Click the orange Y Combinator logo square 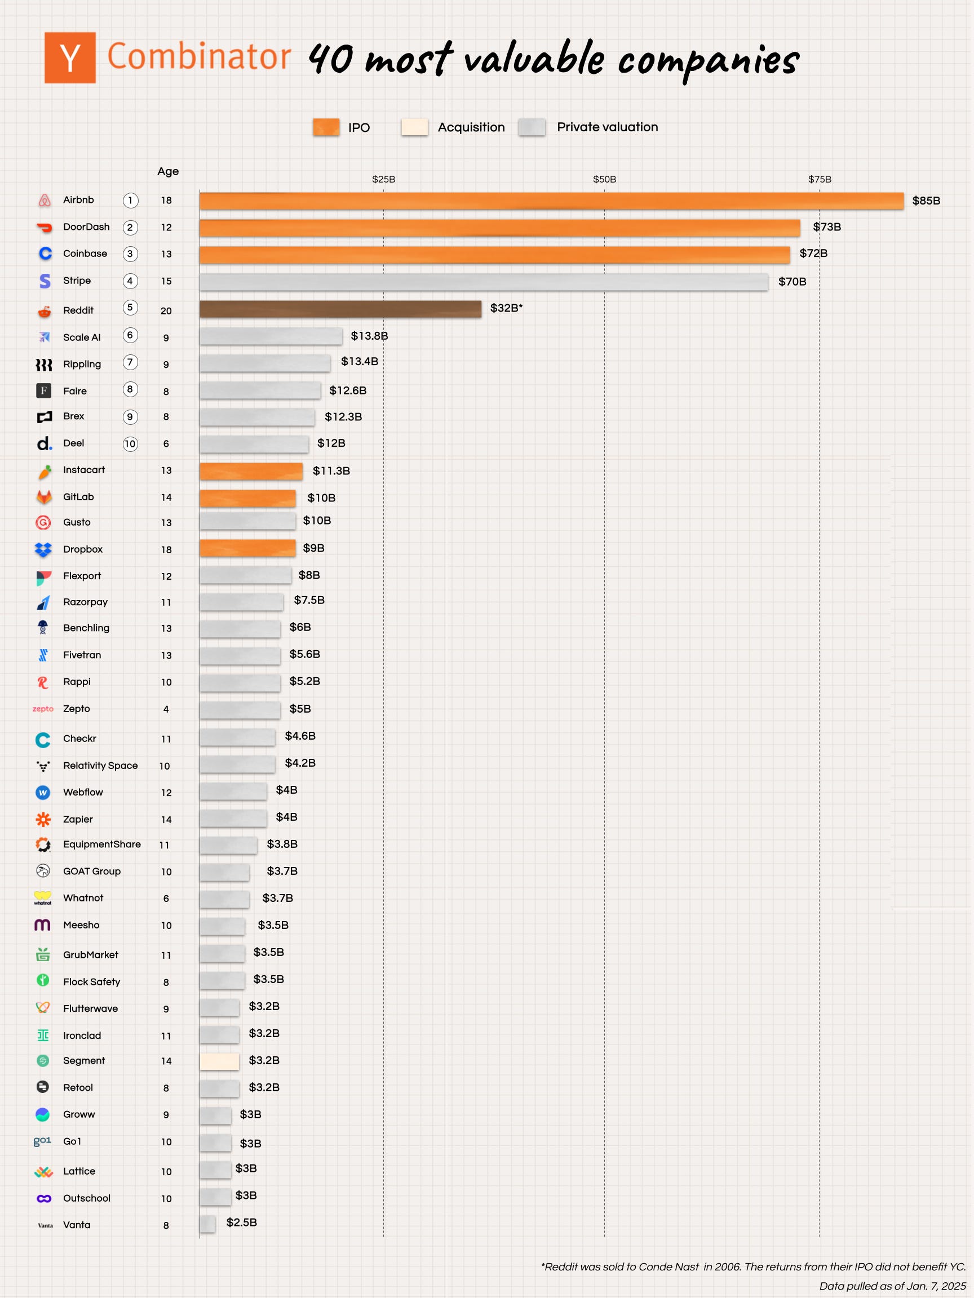[x=70, y=57]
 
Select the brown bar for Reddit [x=340, y=309]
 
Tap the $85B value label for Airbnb [x=926, y=201]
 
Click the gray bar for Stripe [x=483, y=282]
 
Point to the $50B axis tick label [x=604, y=179]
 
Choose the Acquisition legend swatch [x=414, y=127]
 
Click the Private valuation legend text [x=607, y=127]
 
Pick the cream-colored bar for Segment [x=219, y=1061]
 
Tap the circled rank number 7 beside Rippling [x=130, y=363]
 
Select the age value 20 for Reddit [x=166, y=311]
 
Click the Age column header [x=168, y=171]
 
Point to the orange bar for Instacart [x=251, y=471]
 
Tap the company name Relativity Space [x=100, y=766]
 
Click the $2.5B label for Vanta [x=241, y=1223]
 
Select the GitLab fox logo [x=44, y=497]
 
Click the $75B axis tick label [x=819, y=179]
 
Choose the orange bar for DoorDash [x=499, y=228]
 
